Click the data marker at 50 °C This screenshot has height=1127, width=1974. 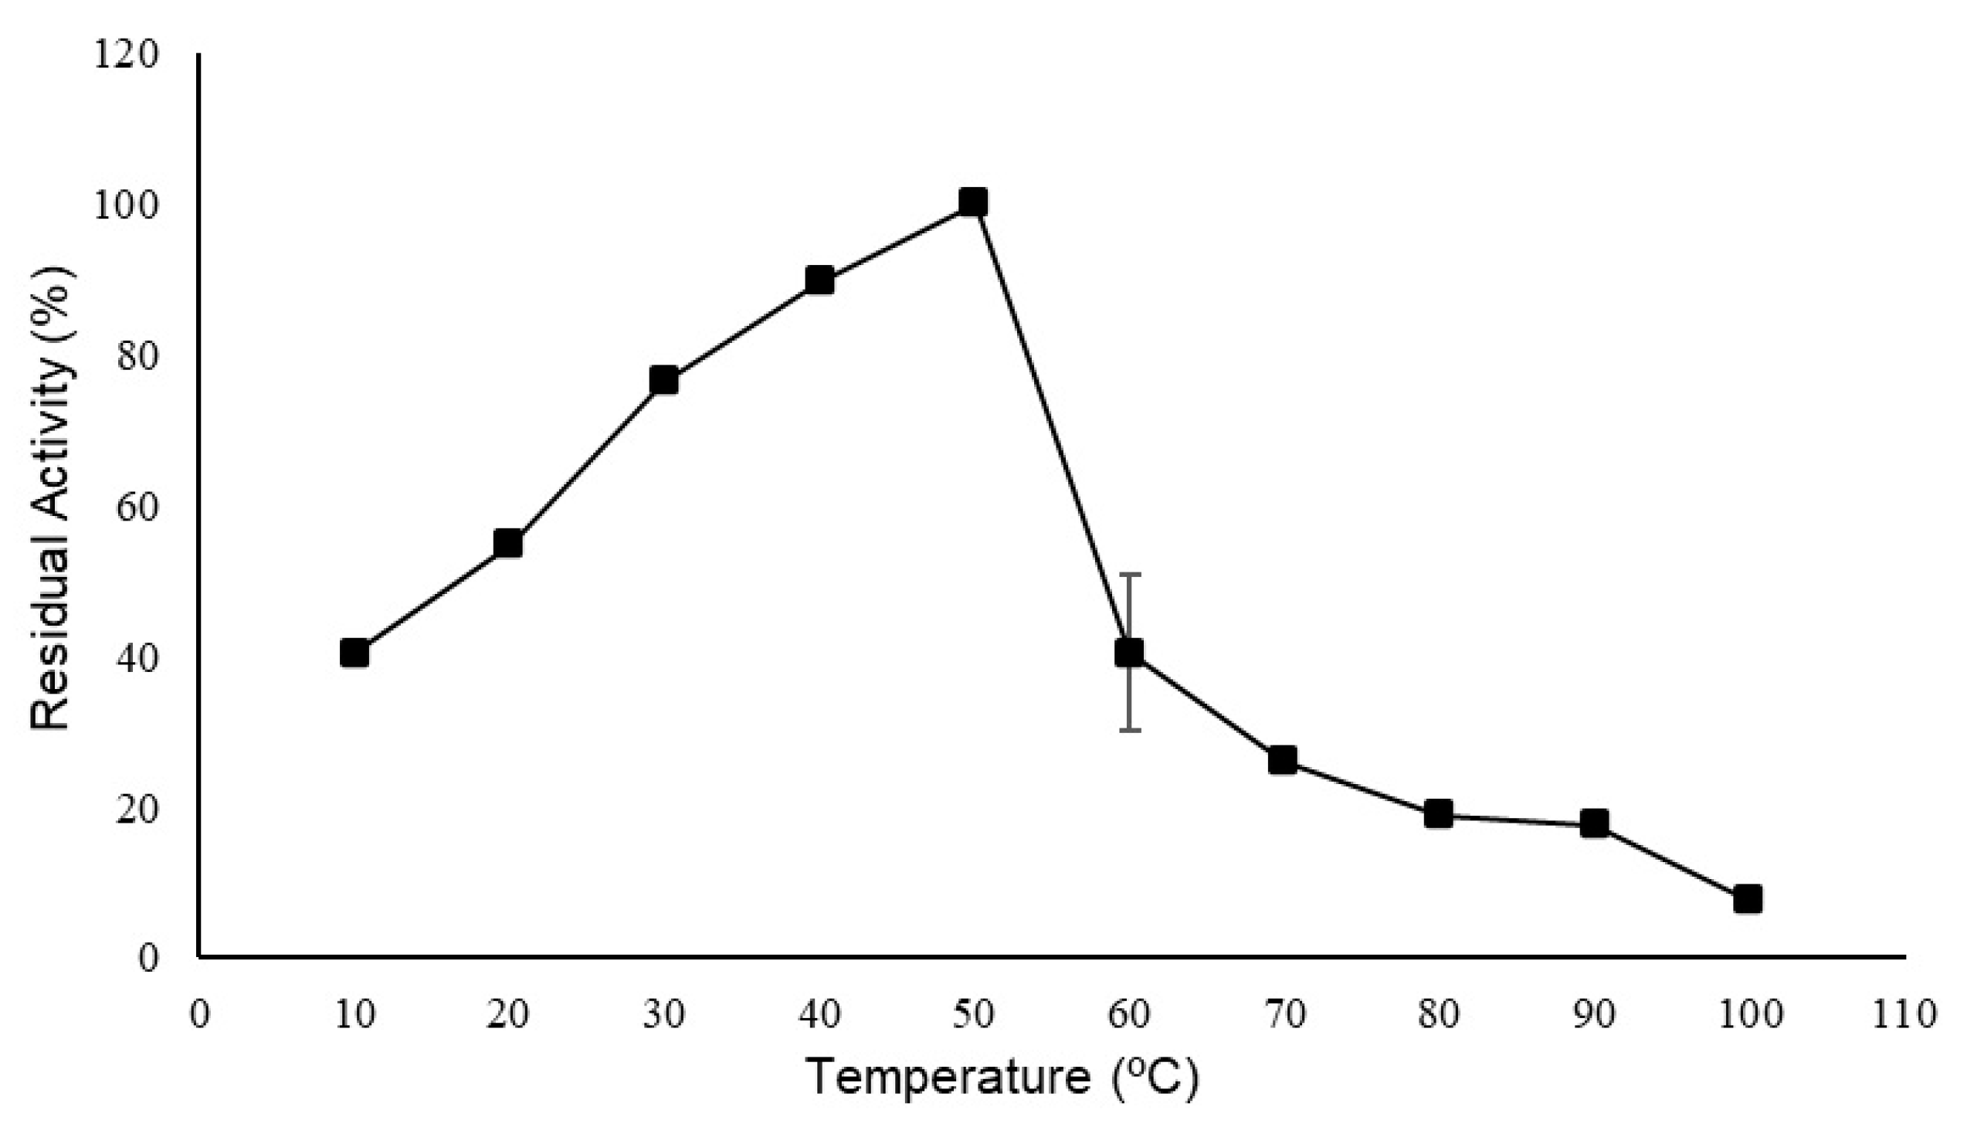click(x=972, y=203)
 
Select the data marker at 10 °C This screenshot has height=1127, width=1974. click(x=354, y=654)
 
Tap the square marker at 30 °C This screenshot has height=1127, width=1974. click(x=664, y=380)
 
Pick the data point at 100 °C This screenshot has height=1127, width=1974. click(x=1747, y=898)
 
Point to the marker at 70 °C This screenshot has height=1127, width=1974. click(x=1283, y=761)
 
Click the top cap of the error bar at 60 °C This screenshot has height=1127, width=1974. click(x=1130, y=575)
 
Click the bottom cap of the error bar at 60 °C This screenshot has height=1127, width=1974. click(x=1130, y=730)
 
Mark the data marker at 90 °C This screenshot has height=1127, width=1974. click(x=1594, y=823)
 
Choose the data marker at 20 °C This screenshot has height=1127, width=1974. click(x=507, y=544)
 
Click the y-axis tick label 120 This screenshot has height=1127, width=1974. click(x=126, y=56)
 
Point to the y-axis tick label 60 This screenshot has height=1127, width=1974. click(x=137, y=507)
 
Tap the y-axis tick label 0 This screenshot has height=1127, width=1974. click(x=148, y=959)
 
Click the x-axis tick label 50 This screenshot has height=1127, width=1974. click(x=973, y=1015)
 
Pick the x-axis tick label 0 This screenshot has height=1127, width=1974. click(x=200, y=1015)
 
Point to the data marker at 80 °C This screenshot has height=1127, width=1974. click(x=1438, y=813)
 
